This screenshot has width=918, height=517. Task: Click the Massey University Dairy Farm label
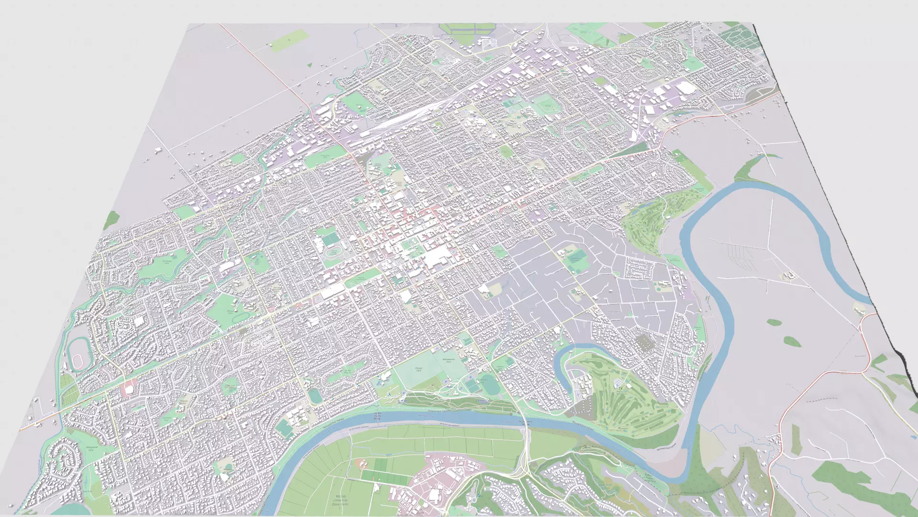point(340,501)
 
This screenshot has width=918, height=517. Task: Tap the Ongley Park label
point(419,369)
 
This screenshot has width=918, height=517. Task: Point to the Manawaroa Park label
point(448,361)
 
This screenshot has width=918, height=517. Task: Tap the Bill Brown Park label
point(167,262)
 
